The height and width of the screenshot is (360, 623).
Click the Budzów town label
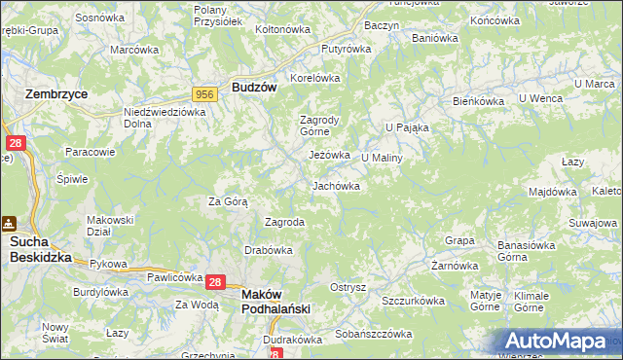point(255,87)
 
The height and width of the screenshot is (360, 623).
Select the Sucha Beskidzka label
point(41,250)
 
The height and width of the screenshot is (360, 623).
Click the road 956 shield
point(204,93)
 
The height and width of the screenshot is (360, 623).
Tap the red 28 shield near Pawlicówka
point(216,281)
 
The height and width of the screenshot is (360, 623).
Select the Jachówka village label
point(336,186)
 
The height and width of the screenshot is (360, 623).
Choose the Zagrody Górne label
point(317,126)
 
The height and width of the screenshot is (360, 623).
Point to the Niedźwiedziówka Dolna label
point(165,118)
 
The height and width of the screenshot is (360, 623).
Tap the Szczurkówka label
point(413,301)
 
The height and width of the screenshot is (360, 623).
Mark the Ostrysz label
point(348,287)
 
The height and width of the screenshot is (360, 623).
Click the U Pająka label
point(407,127)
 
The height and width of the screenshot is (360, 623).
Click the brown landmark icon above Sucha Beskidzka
point(9,223)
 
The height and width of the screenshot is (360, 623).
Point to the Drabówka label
point(270,250)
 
